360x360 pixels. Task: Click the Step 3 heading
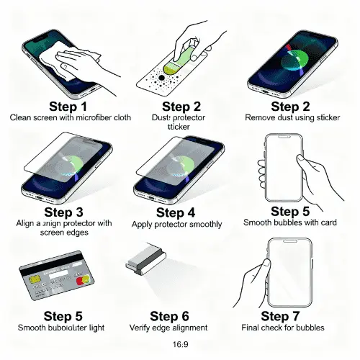pos(63,212)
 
